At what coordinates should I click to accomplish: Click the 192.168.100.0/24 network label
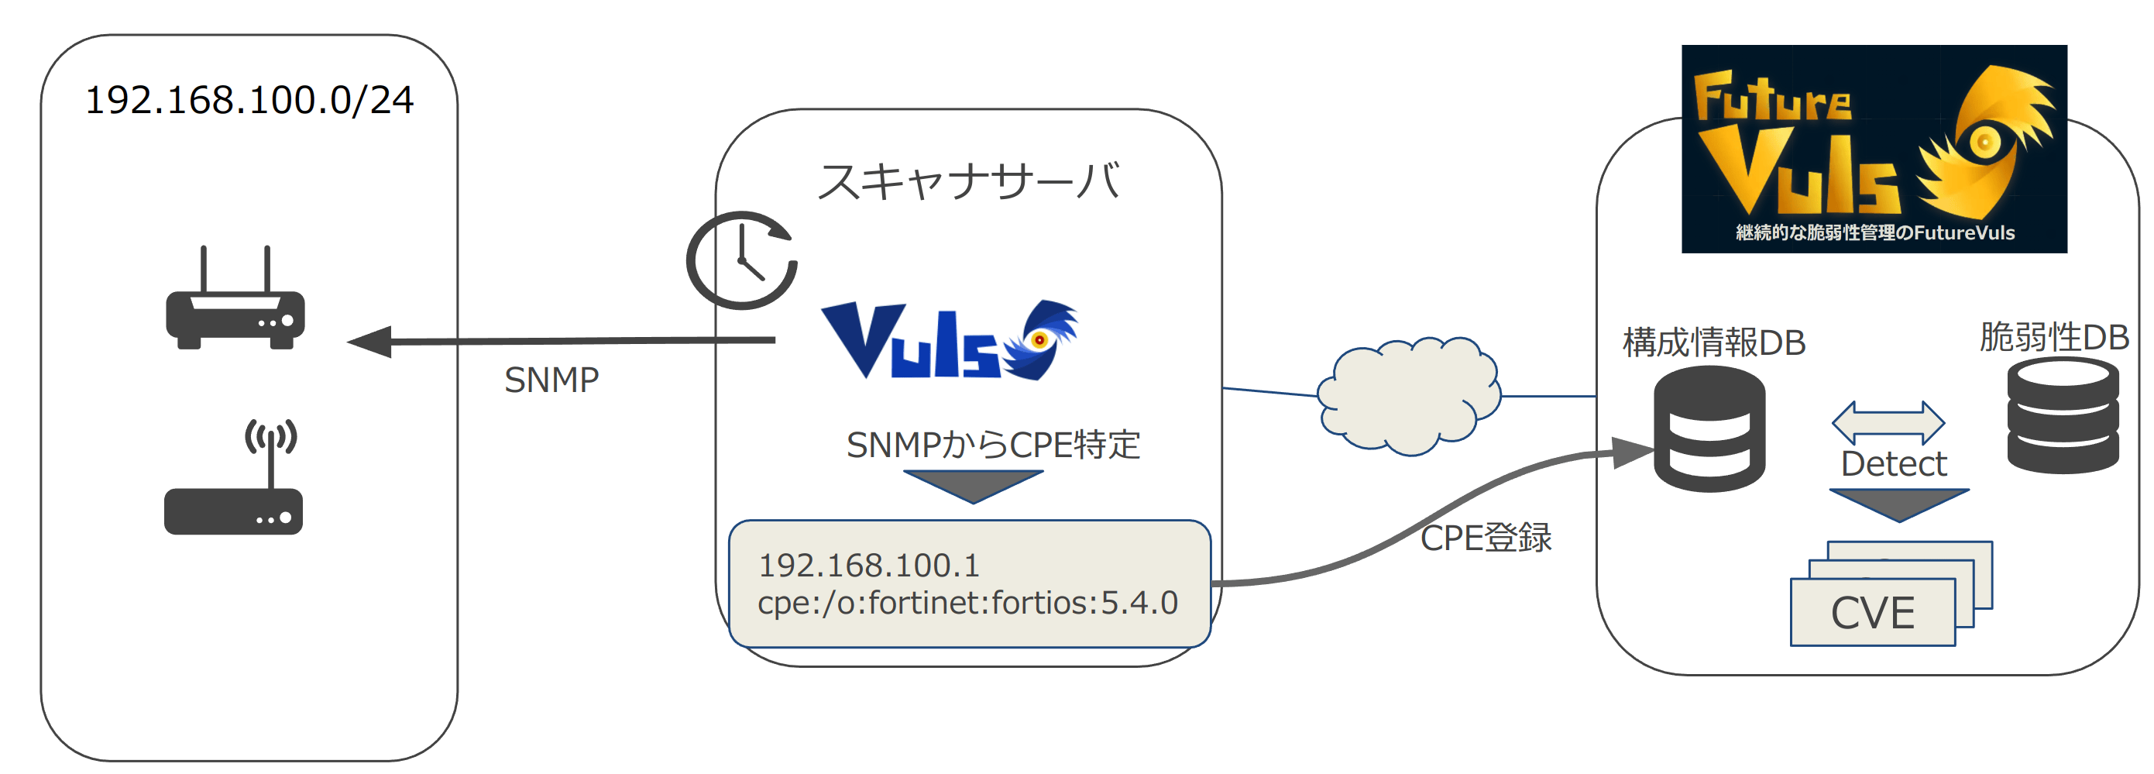pyautogui.click(x=249, y=101)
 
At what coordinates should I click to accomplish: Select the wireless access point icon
pyautogui.click(x=233, y=480)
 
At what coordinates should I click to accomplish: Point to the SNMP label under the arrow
pyautogui.click(x=551, y=380)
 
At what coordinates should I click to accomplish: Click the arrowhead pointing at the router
pyautogui.click(x=370, y=342)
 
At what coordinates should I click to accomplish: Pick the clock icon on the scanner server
pyautogui.click(x=742, y=260)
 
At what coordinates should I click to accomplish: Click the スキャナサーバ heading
pyautogui.click(x=968, y=181)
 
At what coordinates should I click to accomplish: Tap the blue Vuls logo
pyautogui.click(x=949, y=341)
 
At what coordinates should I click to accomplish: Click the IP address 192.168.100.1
pyautogui.click(x=869, y=566)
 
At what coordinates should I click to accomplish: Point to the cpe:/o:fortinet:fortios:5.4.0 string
pyautogui.click(x=967, y=604)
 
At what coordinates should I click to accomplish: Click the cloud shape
pyautogui.click(x=1409, y=396)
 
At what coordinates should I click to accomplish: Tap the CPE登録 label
pyautogui.click(x=1486, y=537)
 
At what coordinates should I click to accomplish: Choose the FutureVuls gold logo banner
pyautogui.click(x=1874, y=149)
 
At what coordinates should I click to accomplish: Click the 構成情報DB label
pyautogui.click(x=1713, y=342)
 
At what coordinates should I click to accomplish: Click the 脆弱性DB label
pyautogui.click(x=2053, y=336)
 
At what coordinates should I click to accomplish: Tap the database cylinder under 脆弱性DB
pyautogui.click(x=2063, y=415)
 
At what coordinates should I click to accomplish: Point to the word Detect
pyautogui.click(x=1893, y=463)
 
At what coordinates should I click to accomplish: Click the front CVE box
pyautogui.click(x=1872, y=613)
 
